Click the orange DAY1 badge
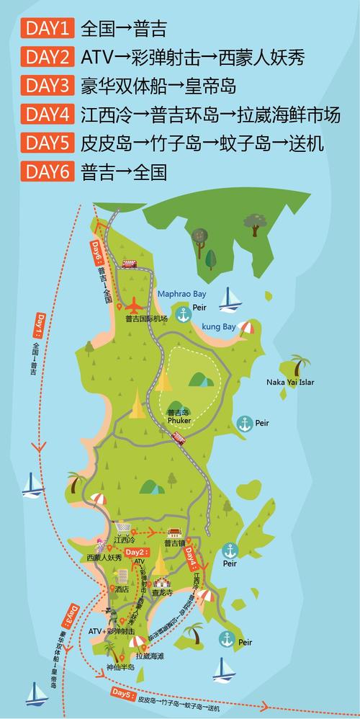tap(48, 29)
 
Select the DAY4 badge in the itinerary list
tap(48, 115)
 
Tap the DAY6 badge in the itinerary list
tap(48, 171)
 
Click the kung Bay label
tap(218, 326)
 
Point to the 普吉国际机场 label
tap(146, 318)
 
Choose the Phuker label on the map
tap(178, 420)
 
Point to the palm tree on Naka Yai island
tap(299, 364)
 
